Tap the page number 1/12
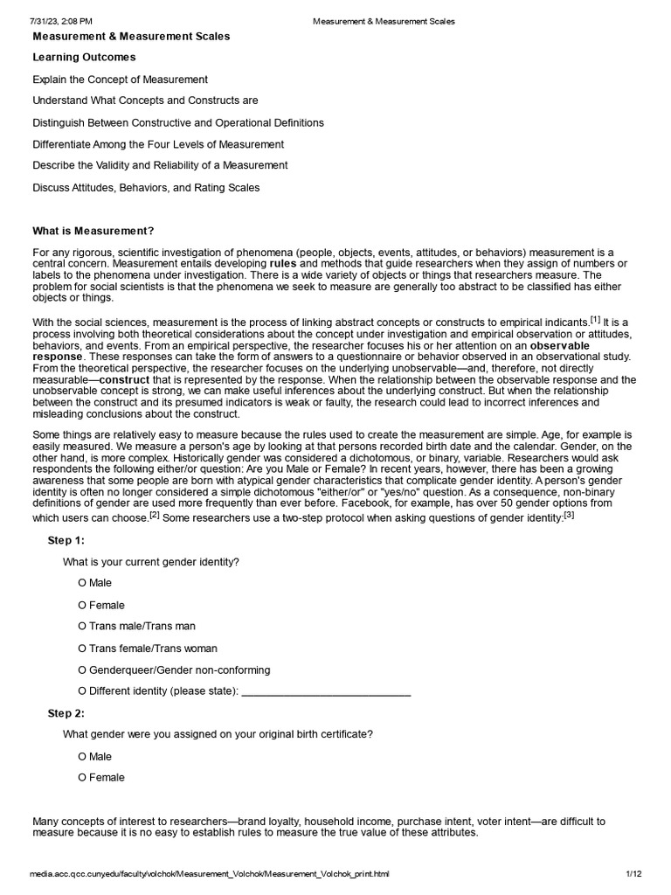click(633, 874)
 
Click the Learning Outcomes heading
click(84, 58)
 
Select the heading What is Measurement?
click(93, 231)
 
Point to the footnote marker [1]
click(594, 319)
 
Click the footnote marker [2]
click(154, 515)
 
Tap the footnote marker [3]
click(568, 515)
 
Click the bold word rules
click(283, 263)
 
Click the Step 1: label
click(66, 540)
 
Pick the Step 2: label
click(66, 713)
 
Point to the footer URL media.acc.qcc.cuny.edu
click(209, 874)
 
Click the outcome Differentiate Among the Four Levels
click(158, 144)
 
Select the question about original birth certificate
click(218, 734)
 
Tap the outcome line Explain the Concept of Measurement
click(120, 80)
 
